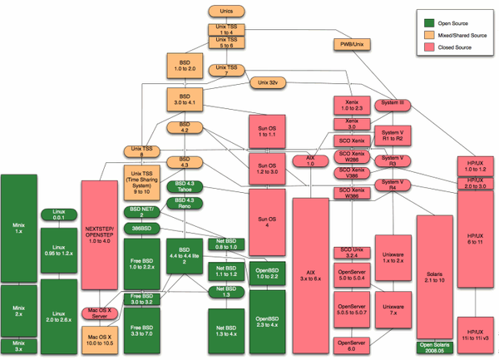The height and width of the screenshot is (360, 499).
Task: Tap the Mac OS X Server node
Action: point(101,313)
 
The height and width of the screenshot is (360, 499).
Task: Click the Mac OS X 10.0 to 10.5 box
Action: point(102,338)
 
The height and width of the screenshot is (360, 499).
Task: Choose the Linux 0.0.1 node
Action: point(58,215)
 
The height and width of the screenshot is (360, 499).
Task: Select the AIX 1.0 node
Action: point(311,160)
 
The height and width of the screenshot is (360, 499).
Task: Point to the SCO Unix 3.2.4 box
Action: point(352,253)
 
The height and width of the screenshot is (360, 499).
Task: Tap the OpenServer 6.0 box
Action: point(352,343)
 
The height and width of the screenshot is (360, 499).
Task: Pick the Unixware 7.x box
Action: point(392,308)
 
